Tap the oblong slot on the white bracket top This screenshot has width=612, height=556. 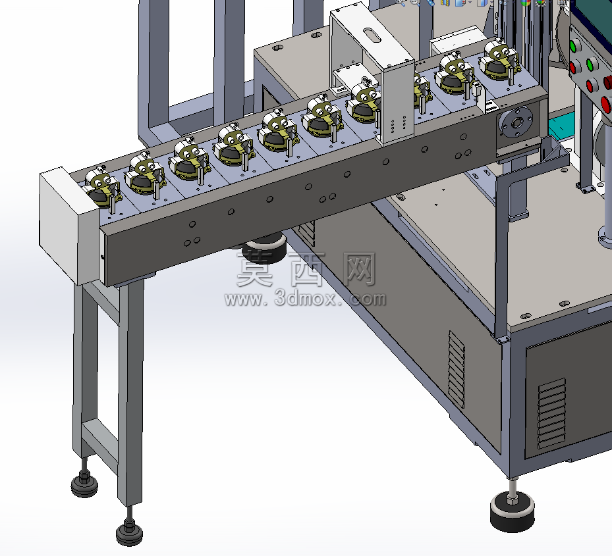[372, 34]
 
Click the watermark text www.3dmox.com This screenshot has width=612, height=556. [305, 298]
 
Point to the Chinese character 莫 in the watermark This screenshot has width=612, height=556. [255, 269]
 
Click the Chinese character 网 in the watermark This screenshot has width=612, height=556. [360, 269]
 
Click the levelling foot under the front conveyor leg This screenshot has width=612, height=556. [129, 530]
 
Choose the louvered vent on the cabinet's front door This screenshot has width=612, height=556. [552, 413]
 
